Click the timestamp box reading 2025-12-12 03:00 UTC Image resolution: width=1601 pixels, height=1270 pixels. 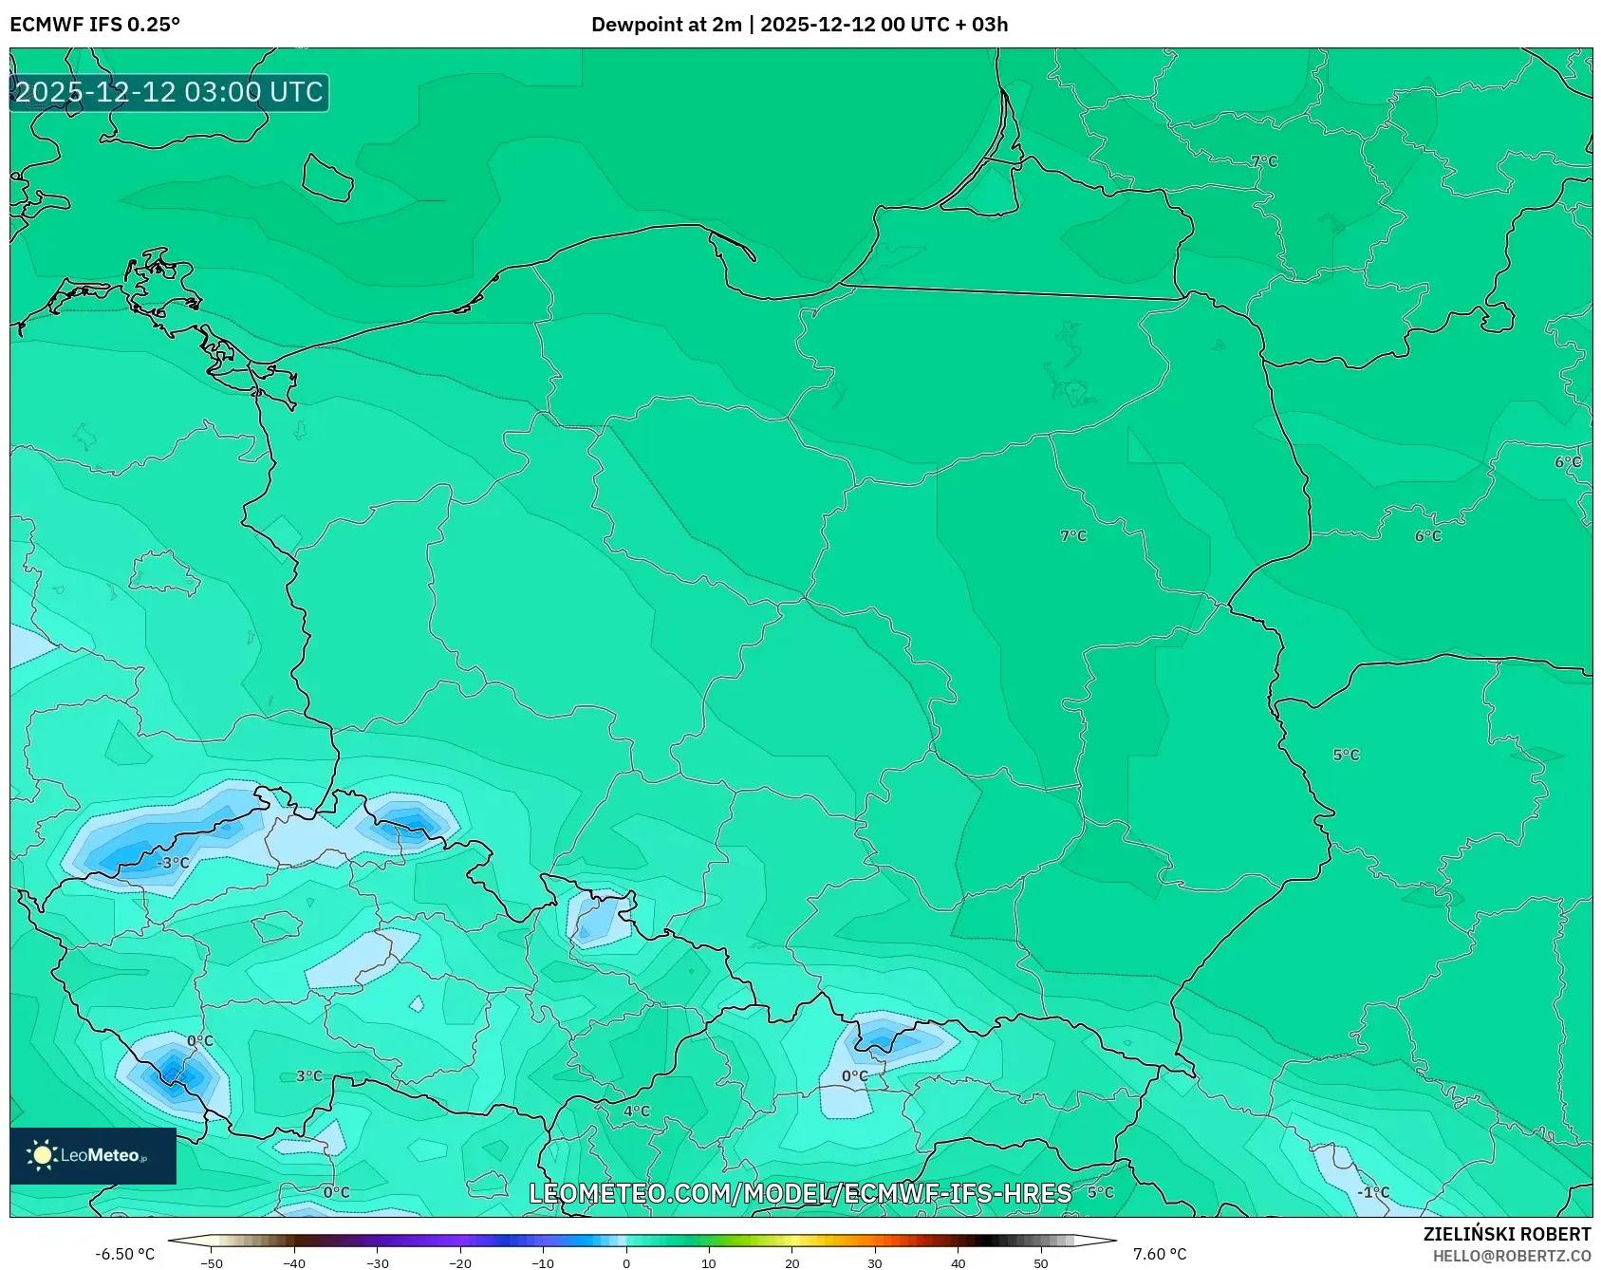[169, 92]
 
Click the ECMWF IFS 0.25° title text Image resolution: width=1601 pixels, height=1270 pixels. [95, 25]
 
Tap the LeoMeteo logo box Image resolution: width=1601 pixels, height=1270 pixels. [93, 1155]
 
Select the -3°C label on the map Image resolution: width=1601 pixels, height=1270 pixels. [174, 863]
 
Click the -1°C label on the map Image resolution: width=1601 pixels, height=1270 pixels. [1372, 1192]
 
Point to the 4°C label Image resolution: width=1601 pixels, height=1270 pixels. [636, 1111]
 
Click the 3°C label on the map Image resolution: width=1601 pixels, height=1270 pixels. [308, 1075]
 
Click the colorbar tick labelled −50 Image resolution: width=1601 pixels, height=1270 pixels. [212, 1262]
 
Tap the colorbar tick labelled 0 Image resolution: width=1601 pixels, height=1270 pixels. [626, 1262]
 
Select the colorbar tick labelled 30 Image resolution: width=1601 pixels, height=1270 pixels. [874, 1262]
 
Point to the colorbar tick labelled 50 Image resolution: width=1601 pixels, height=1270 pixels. [1040, 1262]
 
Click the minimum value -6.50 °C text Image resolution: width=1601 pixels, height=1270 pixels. [124, 1254]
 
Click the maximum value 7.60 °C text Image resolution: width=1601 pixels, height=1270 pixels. [1159, 1254]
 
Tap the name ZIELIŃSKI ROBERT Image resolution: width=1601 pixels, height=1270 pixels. [1506, 1234]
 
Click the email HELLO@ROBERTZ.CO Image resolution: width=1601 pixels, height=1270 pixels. [1511, 1256]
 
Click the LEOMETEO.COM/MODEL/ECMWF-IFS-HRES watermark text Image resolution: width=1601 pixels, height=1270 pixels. [799, 1193]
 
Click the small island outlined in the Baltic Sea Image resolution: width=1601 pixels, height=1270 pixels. [326, 177]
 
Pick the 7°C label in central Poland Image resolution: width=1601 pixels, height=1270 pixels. [1072, 535]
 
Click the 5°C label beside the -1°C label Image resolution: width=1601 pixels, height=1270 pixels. [1100, 1192]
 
